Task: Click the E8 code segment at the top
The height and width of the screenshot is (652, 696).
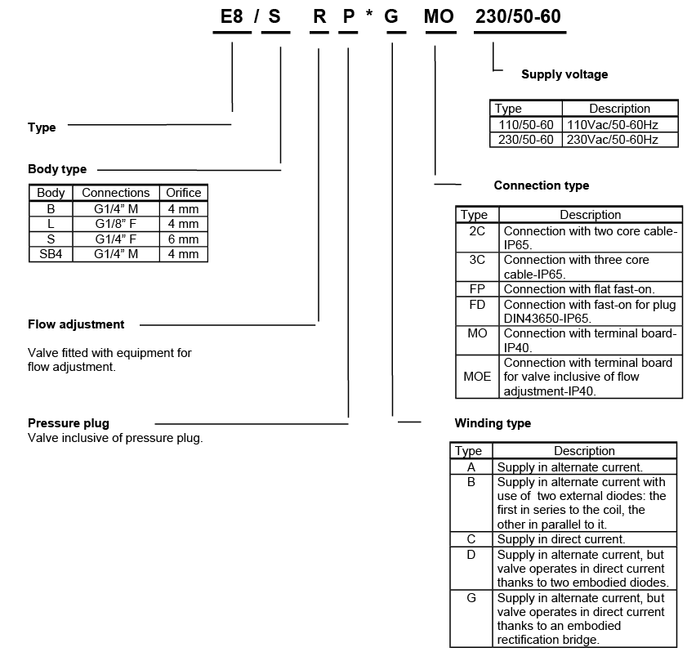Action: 232,17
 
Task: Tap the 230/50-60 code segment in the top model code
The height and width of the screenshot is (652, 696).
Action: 520,17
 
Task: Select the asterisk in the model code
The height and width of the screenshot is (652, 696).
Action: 369,17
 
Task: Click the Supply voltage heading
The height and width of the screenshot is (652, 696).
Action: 564,74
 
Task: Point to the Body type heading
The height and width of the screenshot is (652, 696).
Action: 57,169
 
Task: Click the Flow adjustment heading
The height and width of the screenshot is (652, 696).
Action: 76,324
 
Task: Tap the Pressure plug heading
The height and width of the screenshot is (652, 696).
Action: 69,422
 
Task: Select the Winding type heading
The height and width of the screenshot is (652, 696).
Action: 493,423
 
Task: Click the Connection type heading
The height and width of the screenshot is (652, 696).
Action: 542,185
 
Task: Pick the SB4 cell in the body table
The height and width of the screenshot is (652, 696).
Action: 51,254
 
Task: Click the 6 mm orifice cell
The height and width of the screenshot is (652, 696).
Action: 183,239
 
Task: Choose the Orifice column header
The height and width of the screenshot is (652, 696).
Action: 183,193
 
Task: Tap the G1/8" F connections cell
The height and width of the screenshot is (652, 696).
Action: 116,224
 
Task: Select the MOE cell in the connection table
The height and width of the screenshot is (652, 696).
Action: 477,377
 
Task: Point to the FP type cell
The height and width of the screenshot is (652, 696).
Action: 477,289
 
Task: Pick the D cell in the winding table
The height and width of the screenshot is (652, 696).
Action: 471,555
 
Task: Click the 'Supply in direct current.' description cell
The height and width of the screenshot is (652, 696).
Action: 561,539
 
